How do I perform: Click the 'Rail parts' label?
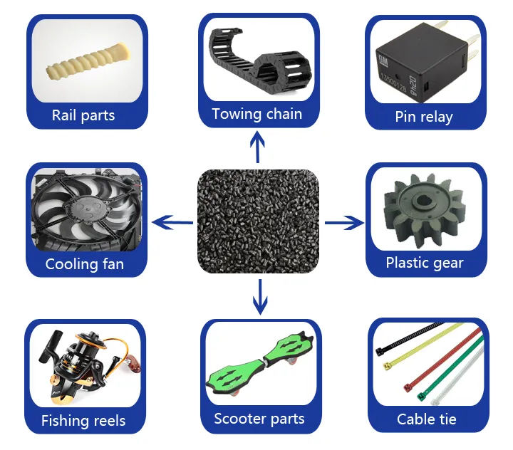coord(83,115)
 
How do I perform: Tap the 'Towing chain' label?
coord(256,114)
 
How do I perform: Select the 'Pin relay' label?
coord(424,117)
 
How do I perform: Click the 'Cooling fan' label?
coord(84,264)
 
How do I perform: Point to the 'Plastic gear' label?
coord(425,263)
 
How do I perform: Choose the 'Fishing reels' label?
coord(83,420)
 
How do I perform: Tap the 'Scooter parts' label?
coord(259,419)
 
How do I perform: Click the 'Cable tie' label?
coord(426,419)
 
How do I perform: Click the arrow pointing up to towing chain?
coord(257,148)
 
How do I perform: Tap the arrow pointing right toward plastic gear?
coord(344,224)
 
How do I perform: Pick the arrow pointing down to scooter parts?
coord(260,295)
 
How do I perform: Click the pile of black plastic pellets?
coord(258,222)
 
